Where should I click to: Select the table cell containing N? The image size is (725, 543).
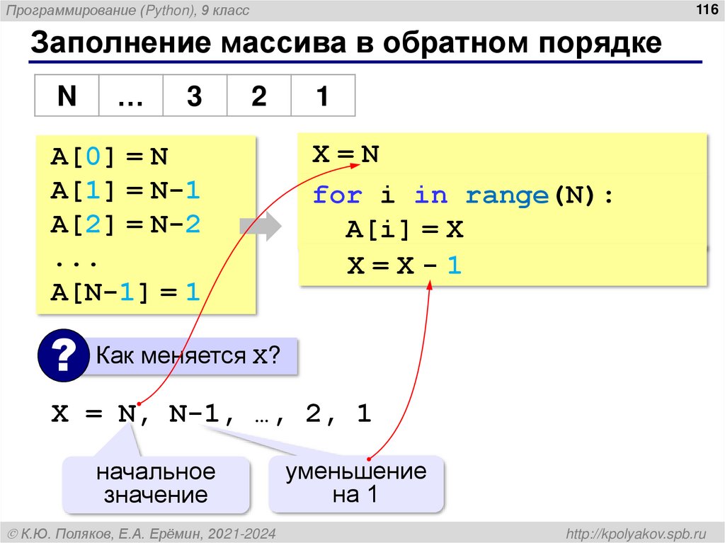(67, 96)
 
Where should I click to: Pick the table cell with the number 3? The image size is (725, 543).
(195, 96)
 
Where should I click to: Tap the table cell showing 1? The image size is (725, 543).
(322, 96)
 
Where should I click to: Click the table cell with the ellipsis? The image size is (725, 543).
(130, 96)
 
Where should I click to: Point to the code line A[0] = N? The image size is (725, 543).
(109, 156)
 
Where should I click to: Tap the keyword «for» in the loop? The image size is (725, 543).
(337, 195)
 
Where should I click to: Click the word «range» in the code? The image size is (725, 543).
(506, 195)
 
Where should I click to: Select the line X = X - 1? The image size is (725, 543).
(404, 266)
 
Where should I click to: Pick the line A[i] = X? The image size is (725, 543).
(404, 230)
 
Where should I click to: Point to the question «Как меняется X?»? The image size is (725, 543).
(188, 355)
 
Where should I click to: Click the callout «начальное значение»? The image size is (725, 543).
(156, 484)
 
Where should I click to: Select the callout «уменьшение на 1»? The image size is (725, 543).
(355, 484)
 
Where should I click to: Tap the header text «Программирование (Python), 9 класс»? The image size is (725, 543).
(142, 11)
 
